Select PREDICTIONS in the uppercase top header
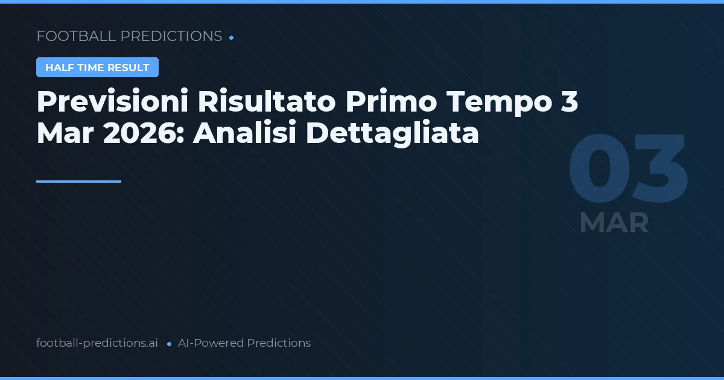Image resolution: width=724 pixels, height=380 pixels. click(x=171, y=36)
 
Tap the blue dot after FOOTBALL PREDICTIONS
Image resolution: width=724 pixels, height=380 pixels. click(x=231, y=37)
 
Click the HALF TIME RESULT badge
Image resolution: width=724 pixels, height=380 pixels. click(x=97, y=68)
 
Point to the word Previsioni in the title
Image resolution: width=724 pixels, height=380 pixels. click(x=112, y=102)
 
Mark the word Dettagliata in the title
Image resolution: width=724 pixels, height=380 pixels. click(x=392, y=133)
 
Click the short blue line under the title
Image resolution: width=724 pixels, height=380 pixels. click(x=78, y=181)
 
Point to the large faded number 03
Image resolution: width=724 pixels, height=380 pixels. click(x=627, y=170)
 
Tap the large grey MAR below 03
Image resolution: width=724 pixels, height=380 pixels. click(x=614, y=223)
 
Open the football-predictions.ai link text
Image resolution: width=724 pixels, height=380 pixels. click(x=97, y=343)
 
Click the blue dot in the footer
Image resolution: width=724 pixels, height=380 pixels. click(x=169, y=344)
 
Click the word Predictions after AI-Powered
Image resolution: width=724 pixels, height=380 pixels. click(x=279, y=343)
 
